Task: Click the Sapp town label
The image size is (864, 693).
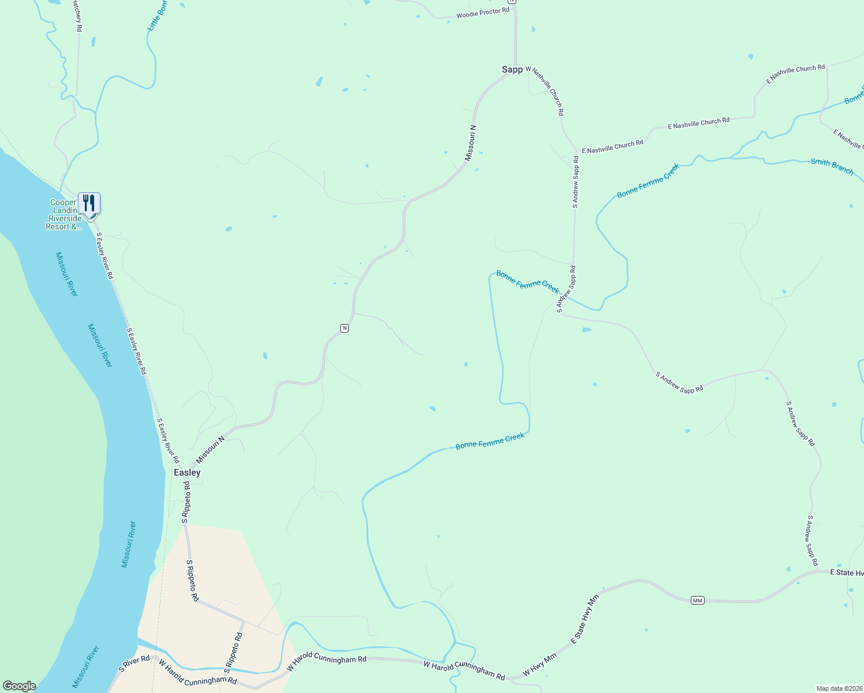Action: tap(512, 69)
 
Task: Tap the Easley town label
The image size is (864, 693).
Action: tap(187, 472)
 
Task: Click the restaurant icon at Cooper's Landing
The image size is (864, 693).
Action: tap(89, 203)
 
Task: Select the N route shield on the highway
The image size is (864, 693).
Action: tap(344, 328)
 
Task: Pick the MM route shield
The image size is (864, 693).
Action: tap(698, 601)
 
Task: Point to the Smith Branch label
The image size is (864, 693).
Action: tap(832, 166)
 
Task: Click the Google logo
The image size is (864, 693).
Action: tap(20, 686)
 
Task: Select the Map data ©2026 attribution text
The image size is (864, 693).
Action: tap(839, 688)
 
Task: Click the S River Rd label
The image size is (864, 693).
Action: tap(134, 664)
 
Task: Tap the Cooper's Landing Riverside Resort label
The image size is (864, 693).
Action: tap(64, 215)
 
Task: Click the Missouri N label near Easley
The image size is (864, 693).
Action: tap(210, 450)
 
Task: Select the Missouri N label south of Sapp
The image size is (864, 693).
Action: tap(471, 143)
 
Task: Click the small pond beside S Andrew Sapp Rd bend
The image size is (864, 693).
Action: tap(587, 330)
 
